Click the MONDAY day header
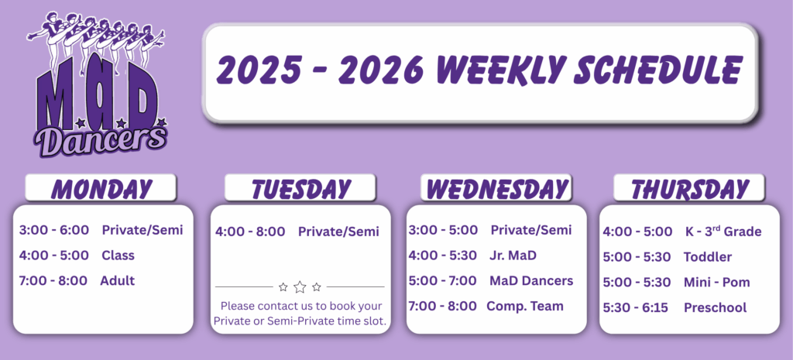tap(101, 189)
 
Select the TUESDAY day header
tap(300, 189)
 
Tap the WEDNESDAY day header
tap(496, 189)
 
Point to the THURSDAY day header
tap(689, 189)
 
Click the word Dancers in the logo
tap(101, 141)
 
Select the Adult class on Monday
tap(118, 280)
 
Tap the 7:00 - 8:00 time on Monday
tap(53, 280)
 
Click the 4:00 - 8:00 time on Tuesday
tap(250, 231)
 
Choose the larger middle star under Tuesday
tap(300, 287)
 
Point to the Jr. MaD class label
tap(513, 255)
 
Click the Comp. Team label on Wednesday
tap(525, 306)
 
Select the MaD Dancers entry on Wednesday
tap(531, 280)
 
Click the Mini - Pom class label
tap(716, 282)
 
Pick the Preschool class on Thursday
tap(715, 307)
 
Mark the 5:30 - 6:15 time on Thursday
tap(636, 307)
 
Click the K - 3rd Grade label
tap(723, 231)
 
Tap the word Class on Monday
tap(118, 255)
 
